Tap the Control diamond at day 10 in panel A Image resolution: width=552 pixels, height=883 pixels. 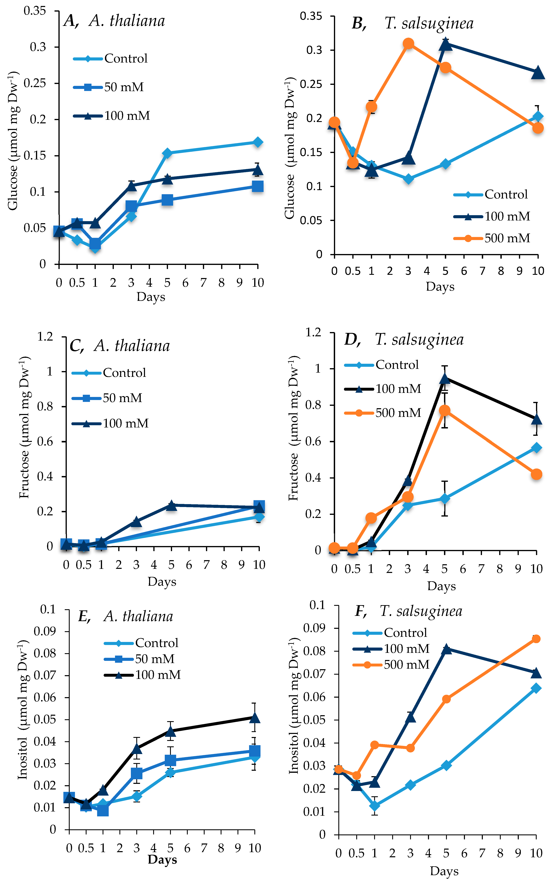(258, 142)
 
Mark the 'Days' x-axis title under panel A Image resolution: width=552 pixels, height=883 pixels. (151, 297)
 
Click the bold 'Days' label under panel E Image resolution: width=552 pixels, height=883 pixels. (163, 860)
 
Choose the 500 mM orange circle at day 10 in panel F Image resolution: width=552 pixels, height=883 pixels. (536, 639)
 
